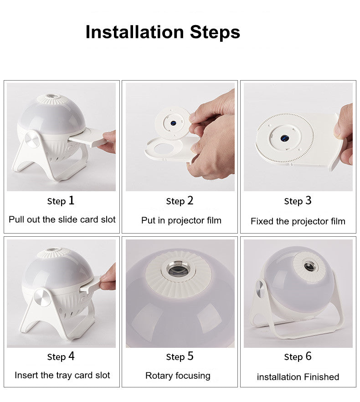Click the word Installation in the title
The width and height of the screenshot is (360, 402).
click(135, 32)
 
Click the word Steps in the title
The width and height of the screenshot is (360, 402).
click(215, 33)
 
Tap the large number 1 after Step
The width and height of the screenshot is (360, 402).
click(72, 200)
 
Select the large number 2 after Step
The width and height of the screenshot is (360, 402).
click(190, 200)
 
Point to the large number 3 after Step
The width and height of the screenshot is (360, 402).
click(308, 200)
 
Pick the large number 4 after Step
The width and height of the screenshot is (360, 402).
click(71, 356)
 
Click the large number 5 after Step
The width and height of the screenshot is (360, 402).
click(190, 356)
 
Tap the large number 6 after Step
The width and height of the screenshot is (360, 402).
click(308, 356)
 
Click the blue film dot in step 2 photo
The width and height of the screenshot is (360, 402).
click(174, 123)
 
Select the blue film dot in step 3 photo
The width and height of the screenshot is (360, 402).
click(284, 138)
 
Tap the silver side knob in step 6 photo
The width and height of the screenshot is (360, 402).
click(261, 290)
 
